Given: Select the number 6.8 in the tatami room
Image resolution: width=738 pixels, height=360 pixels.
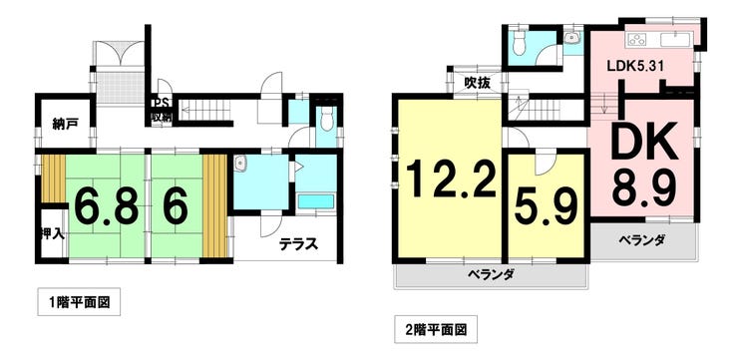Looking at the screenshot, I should tap(100, 206).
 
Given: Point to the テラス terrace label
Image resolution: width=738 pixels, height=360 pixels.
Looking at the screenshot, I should tap(299, 243).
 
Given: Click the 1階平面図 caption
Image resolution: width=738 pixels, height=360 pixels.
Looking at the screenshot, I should tap(79, 302).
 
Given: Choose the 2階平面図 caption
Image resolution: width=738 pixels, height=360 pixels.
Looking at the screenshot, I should tap(436, 326).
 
